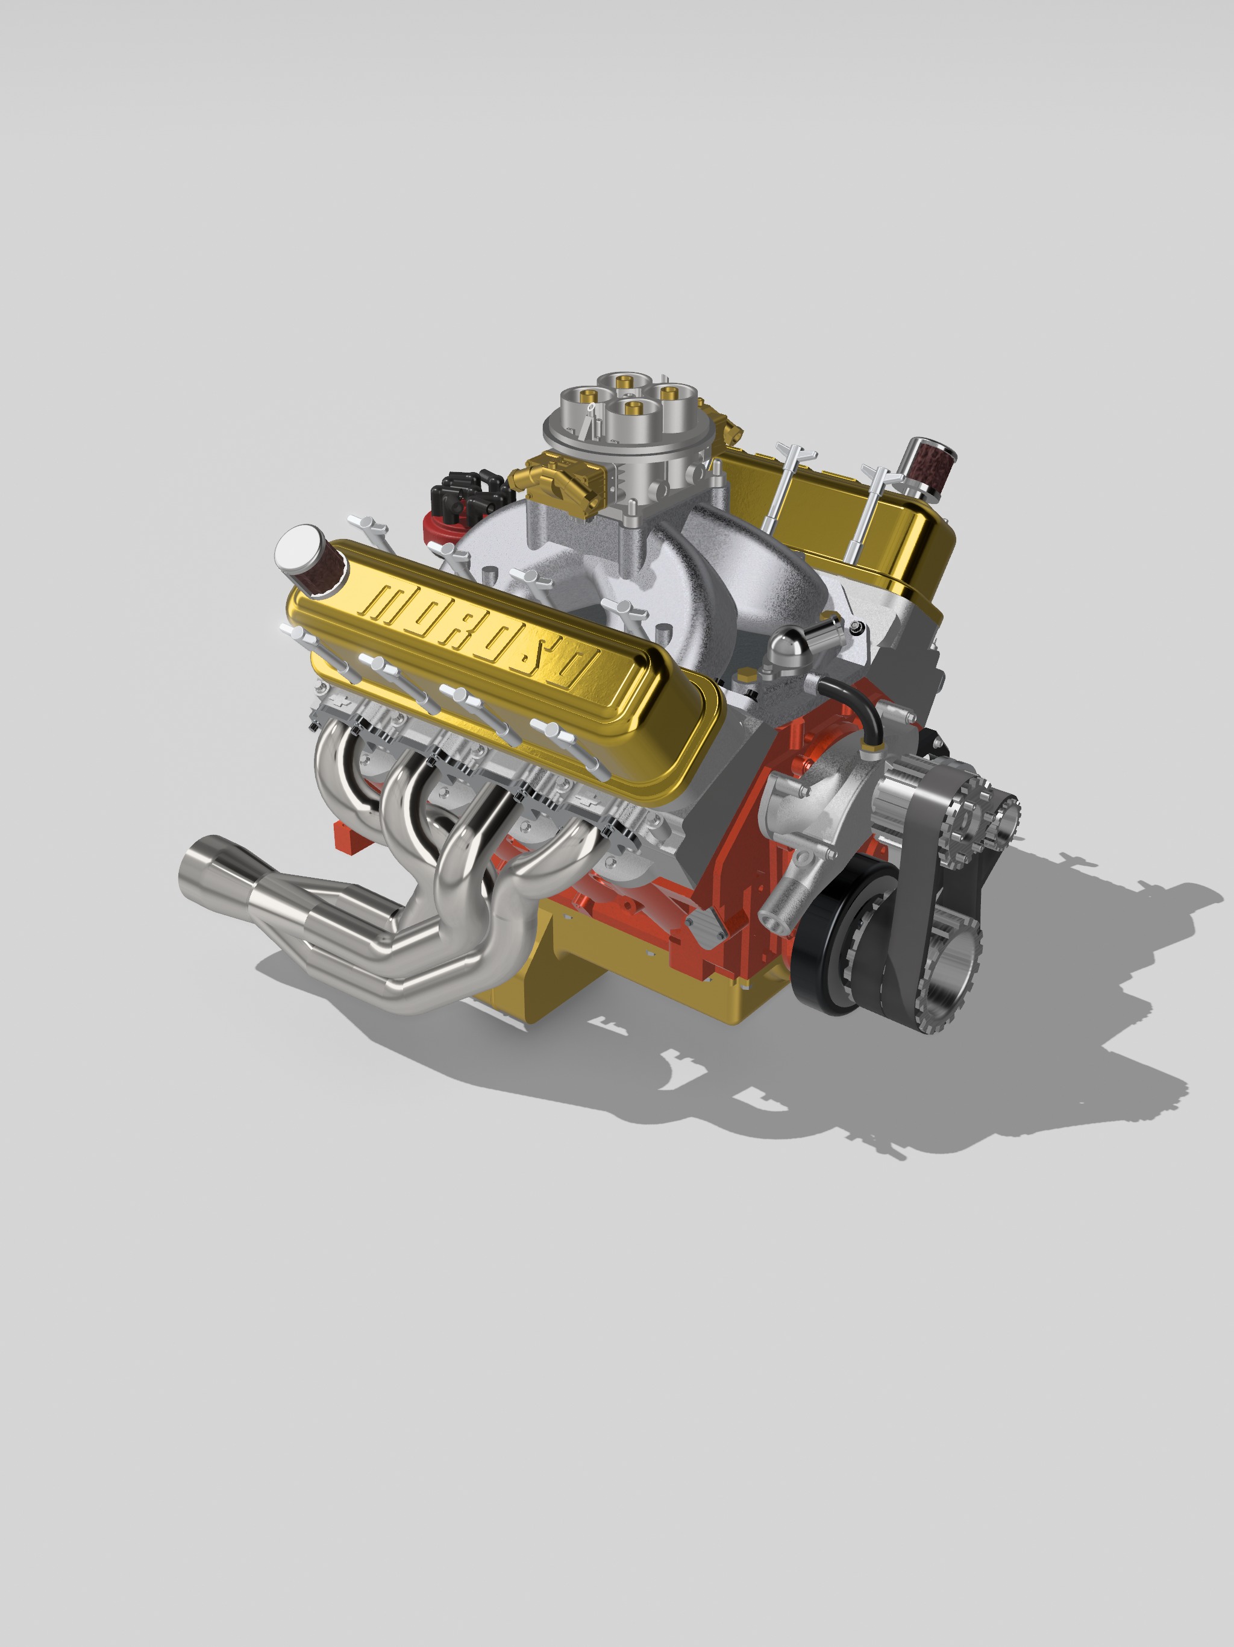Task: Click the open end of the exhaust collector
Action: pos(196,864)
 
